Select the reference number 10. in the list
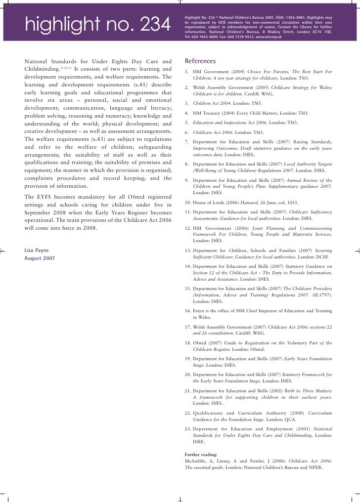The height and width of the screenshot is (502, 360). (x=188, y=204)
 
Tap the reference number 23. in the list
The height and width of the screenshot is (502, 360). (x=188, y=429)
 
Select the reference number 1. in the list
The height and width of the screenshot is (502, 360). (x=187, y=73)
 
